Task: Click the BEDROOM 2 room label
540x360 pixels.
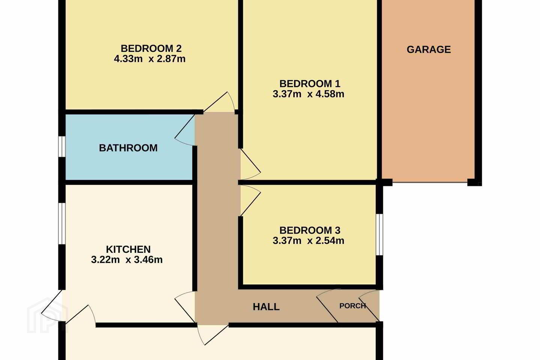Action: [x=151, y=48]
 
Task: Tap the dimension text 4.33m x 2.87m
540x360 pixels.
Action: [x=150, y=59]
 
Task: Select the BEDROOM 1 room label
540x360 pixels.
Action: [x=310, y=84]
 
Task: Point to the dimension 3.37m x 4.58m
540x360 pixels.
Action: [x=308, y=94]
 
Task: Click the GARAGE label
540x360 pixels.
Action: [x=429, y=49]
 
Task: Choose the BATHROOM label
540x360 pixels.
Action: [x=128, y=148]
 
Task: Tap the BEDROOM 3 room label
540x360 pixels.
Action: [x=310, y=230]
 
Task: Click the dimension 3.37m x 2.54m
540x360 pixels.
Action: [x=308, y=241]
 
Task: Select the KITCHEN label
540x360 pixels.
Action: [x=128, y=249]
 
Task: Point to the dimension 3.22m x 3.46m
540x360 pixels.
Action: [x=127, y=260]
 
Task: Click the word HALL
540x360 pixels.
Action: [x=266, y=307]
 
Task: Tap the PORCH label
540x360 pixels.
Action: [x=352, y=306]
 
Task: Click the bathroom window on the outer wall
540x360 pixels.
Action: [x=62, y=147]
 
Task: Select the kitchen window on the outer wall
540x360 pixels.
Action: [x=62, y=223]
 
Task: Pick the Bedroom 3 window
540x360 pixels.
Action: [x=379, y=235]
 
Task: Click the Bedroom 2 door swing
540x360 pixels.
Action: [x=219, y=102]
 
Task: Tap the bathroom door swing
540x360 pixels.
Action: [x=184, y=130]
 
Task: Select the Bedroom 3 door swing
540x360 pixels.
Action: [x=251, y=200]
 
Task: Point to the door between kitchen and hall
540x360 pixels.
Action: [x=184, y=307]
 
